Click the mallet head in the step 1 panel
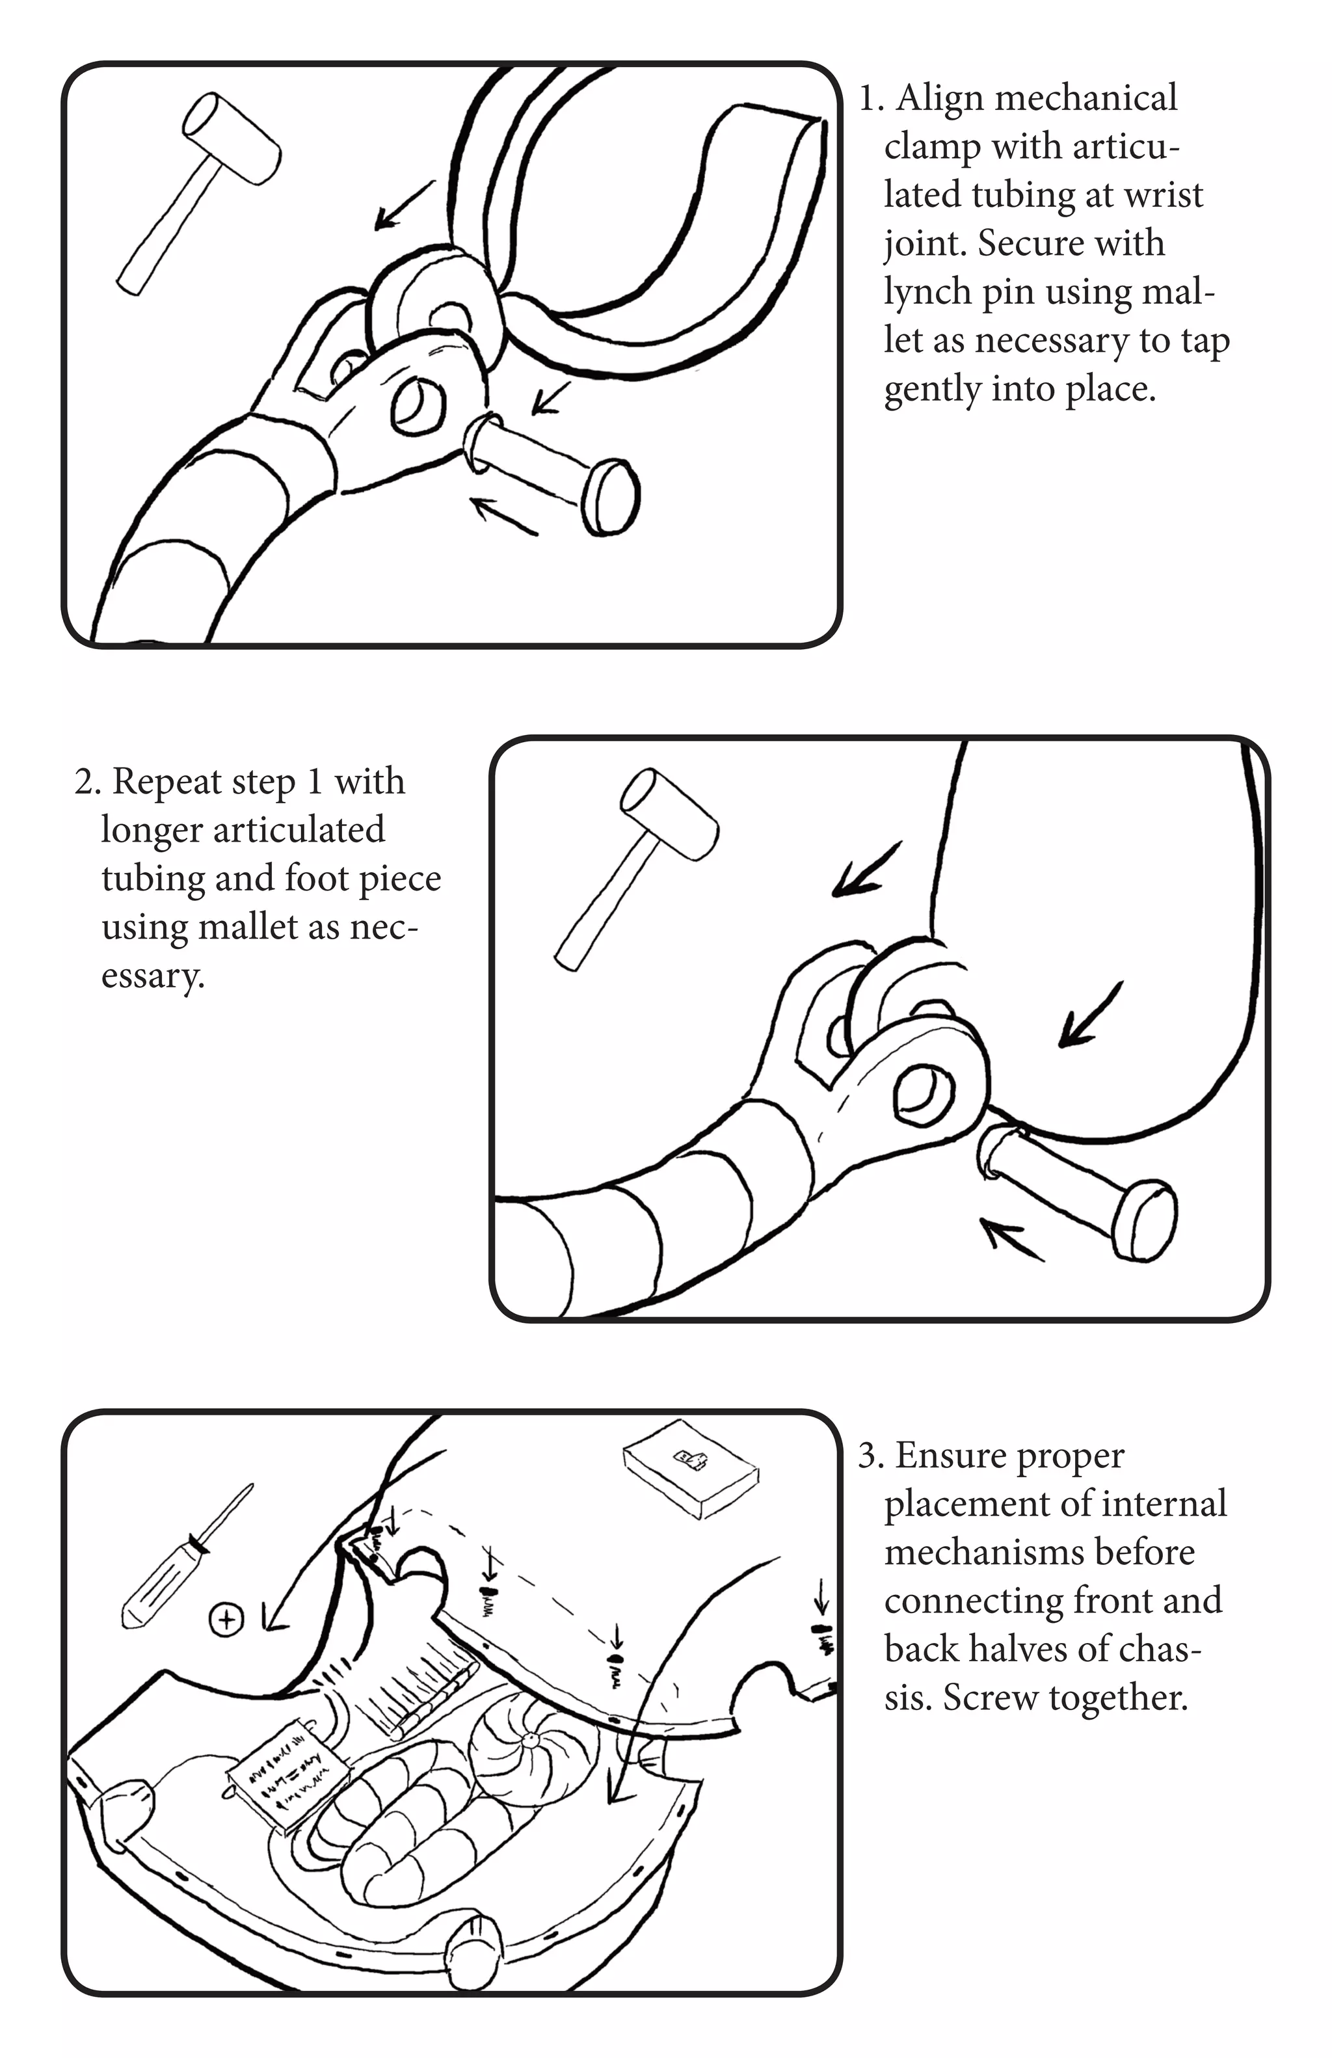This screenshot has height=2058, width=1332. point(232,139)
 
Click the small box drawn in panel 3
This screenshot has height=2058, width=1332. point(690,1467)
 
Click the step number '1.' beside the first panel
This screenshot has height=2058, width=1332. point(872,99)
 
